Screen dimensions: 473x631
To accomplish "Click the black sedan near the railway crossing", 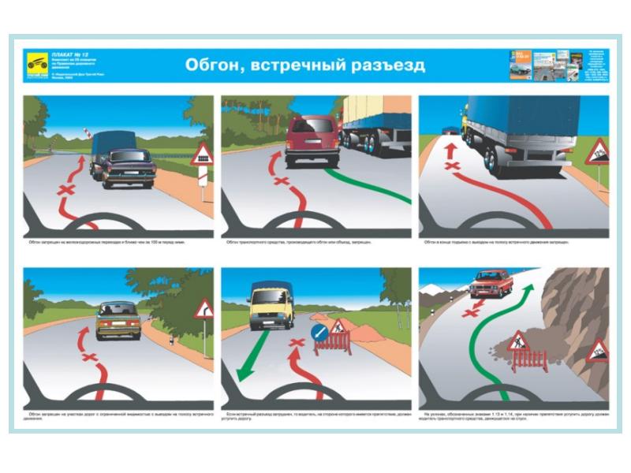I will [x=126, y=167].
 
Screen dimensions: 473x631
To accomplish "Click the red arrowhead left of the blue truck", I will [x=451, y=148].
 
